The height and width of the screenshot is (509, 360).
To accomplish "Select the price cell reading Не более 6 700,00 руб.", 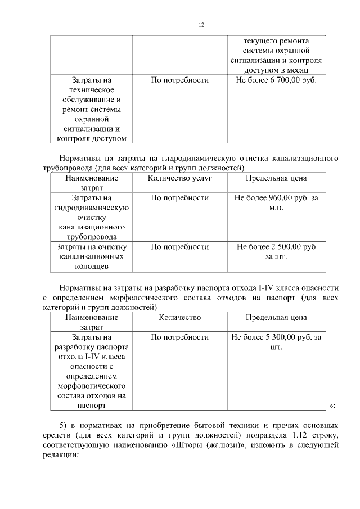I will point(276,80).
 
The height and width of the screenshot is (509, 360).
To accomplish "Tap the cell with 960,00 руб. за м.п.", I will point(276,202).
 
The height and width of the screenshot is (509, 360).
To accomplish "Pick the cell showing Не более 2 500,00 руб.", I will point(276,251).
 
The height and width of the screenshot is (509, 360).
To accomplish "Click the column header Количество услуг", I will point(179,178).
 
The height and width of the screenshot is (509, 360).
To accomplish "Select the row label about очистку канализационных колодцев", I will point(91,256).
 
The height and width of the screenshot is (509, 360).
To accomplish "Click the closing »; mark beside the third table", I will point(332,406).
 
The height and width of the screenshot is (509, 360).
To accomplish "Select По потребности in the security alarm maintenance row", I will point(179,80).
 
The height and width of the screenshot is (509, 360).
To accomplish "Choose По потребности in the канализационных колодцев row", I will point(179,246).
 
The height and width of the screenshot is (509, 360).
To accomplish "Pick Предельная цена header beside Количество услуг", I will point(276,178).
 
